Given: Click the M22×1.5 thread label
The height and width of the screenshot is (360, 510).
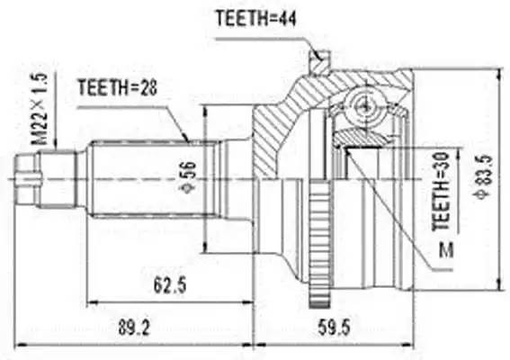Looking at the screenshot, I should pos(39,112).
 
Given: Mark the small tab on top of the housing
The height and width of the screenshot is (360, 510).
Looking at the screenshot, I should pos(317,61).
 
